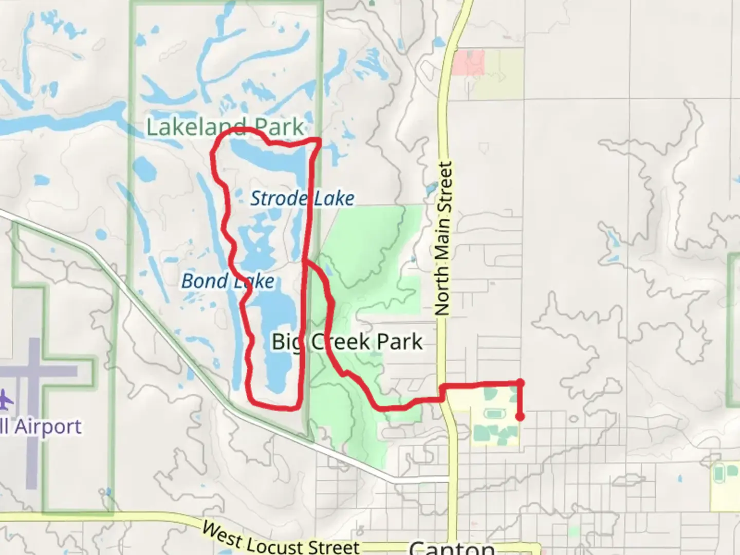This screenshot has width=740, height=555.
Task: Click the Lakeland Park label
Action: [225, 127]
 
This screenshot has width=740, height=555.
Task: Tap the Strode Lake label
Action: [302, 198]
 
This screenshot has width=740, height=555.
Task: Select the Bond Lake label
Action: [228, 281]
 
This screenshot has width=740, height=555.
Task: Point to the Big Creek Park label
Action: [347, 342]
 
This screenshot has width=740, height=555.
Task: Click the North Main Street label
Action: [443, 238]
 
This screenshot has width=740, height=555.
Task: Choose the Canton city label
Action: [452, 547]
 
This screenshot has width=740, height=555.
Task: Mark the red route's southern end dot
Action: [520, 417]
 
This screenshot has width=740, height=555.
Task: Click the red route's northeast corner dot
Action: [520, 382]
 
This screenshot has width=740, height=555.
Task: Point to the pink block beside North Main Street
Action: [469, 63]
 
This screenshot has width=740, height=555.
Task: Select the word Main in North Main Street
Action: [443, 241]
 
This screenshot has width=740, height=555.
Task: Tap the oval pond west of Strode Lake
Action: [143, 168]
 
